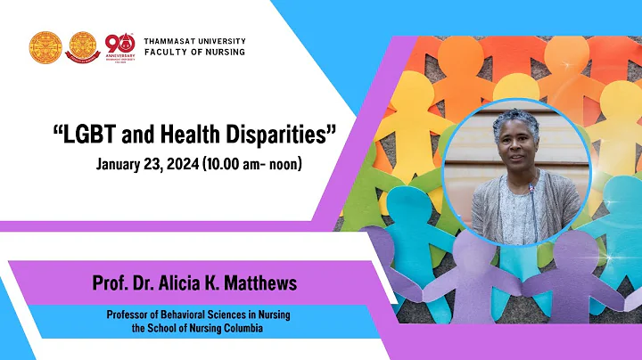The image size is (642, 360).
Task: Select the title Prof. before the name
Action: pyautogui.click(x=109, y=283)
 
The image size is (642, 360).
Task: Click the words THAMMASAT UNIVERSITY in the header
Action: pyautogui.click(x=194, y=41)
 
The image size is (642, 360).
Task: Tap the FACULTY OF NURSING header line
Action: pyautogui.click(x=194, y=52)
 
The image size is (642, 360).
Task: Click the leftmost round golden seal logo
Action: pyautogui.click(x=45, y=48)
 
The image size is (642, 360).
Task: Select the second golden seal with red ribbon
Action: pyautogui.click(x=83, y=48)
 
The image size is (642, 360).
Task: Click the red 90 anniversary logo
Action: pyautogui.click(x=119, y=46)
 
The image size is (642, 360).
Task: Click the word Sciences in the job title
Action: pyautogui.click(x=229, y=314)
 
